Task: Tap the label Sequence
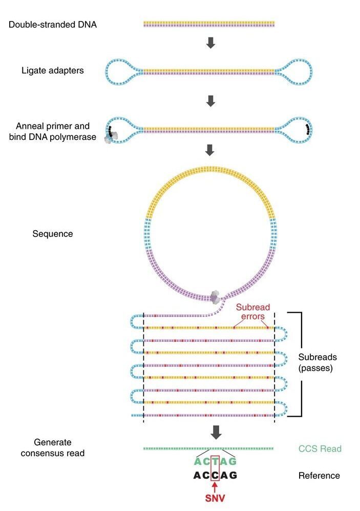pyautogui.click(x=53, y=234)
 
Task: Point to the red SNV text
pyautogui.click(x=215, y=498)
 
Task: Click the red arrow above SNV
pyautogui.click(x=215, y=486)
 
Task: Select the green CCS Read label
pyautogui.click(x=320, y=448)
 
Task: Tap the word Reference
pyautogui.click(x=319, y=476)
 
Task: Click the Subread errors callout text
pyautogui.click(x=253, y=312)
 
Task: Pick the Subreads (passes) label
pyautogui.click(x=318, y=362)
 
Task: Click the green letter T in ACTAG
pyautogui.click(x=215, y=462)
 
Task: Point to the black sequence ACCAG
pyautogui.click(x=215, y=476)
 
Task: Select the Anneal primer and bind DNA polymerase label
pyautogui.click(x=53, y=131)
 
